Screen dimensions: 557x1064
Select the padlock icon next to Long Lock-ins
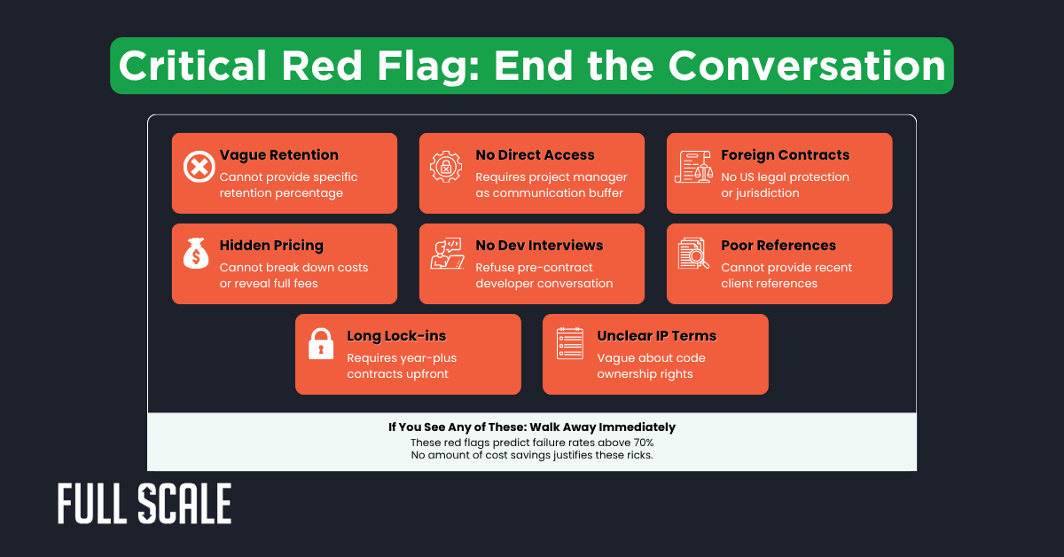coord(320,344)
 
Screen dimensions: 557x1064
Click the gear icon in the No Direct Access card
coord(446,166)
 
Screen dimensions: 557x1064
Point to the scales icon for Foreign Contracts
coord(693,166)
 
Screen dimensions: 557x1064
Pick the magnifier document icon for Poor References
coord(693,255)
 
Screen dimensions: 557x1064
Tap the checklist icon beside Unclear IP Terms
coord(569,344)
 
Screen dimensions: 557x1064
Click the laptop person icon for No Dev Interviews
coord(446,255)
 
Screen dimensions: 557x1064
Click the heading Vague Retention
coord(279,155)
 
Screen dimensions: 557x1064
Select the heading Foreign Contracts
coord(785,155)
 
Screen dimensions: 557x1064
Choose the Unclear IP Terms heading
coord(656,336)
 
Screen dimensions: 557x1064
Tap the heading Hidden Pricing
coord(271,246)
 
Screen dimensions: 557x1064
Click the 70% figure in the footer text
coord(641,442)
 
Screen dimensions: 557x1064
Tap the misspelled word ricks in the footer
coord(638,455)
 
